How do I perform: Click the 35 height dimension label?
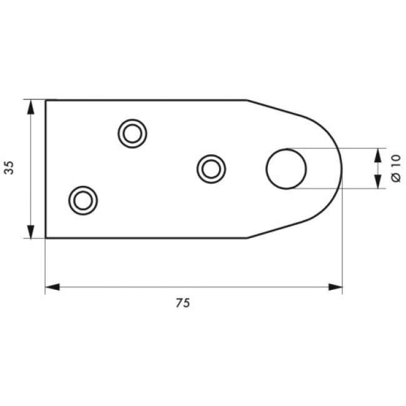[x=9, y=168]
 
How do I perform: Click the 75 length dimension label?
[x=183, y=303]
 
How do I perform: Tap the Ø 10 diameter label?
[x=397, y=168]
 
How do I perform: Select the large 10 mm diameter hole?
[x=286, y=169]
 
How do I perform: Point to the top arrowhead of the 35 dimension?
[x=31, y=107]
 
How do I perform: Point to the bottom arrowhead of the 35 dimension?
[x=31, y=232]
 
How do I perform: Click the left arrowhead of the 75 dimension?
[x=52, y=287]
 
